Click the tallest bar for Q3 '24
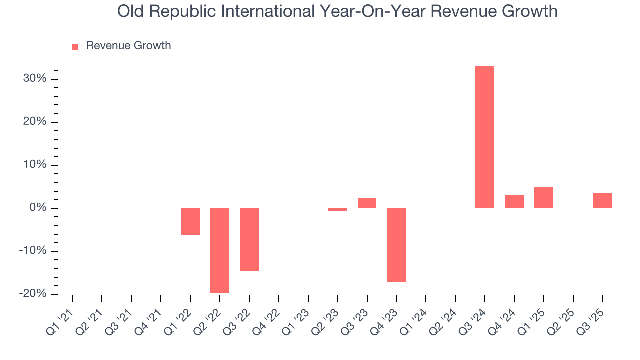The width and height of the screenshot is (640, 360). (484, 137)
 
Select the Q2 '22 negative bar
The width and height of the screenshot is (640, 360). (220, 250)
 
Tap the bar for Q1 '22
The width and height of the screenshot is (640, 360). (190, 222)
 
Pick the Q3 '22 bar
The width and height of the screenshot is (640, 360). (249, 239)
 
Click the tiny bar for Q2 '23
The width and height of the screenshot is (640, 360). (338, 210)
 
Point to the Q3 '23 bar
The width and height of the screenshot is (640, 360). (367, 203)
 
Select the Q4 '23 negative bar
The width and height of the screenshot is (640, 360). (396, 245)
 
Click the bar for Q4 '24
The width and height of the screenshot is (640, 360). (514, 202)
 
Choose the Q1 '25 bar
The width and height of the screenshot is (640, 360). (543, 198)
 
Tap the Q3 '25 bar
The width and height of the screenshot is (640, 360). (602, 201)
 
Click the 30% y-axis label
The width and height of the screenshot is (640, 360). (35, 79)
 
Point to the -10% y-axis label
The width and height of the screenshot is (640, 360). (33, 251)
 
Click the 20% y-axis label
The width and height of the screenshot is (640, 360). (35, 122)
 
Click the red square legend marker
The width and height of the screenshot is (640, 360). (75, 47)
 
